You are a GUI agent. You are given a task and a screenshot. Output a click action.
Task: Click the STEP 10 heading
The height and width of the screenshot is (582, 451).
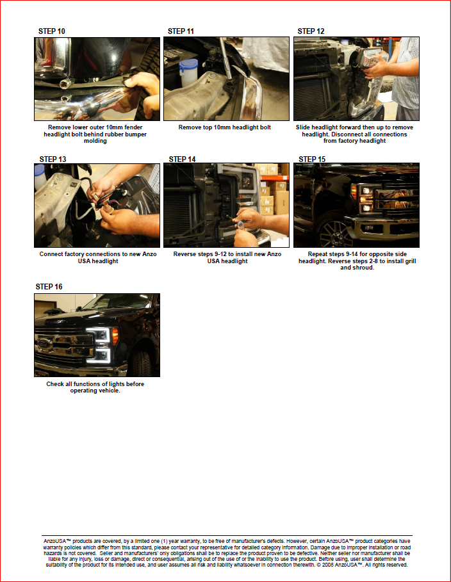52,31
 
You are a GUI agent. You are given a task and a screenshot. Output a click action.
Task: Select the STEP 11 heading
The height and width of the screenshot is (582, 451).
181,31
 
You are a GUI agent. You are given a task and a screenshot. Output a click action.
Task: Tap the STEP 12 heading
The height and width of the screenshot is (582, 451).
311,31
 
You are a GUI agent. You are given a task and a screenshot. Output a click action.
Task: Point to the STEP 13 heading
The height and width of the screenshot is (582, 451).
53,159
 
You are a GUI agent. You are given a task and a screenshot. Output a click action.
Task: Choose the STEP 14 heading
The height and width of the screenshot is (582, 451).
182,159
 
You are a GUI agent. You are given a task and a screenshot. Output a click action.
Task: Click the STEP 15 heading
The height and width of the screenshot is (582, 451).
312,159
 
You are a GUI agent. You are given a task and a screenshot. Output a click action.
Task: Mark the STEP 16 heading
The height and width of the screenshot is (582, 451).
49,287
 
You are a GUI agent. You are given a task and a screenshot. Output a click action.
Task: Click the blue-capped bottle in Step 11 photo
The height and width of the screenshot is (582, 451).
188,72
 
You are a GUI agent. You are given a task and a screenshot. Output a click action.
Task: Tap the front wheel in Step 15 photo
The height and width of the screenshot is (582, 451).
332,232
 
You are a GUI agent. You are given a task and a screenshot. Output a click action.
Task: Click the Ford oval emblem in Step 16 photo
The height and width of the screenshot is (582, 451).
44,343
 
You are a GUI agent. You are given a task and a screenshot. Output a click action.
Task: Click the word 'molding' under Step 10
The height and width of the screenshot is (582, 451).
95,141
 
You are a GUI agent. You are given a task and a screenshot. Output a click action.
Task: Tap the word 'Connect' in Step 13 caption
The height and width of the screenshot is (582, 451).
51,254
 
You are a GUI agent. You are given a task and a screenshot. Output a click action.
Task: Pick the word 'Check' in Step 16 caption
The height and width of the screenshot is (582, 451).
55,384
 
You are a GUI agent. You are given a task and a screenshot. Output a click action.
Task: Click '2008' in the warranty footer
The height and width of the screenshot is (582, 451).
328,565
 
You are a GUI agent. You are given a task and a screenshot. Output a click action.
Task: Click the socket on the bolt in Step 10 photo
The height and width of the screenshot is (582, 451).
66,83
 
